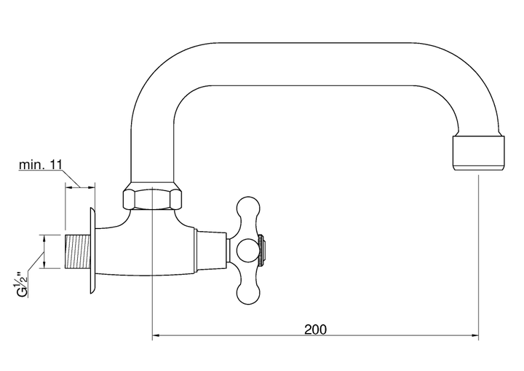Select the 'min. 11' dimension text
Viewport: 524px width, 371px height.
(x=41, y=165)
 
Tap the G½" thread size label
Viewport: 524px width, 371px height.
(x=23, y=284)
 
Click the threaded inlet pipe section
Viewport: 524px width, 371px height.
(x=77, y=251)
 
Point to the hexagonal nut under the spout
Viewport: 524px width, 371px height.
(x=152, y=199)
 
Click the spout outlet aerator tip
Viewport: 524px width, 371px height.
(x=478, y=153)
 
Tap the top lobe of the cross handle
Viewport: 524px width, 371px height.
(x=248, y=209)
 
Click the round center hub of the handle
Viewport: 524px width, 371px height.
(x=248, y=251)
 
